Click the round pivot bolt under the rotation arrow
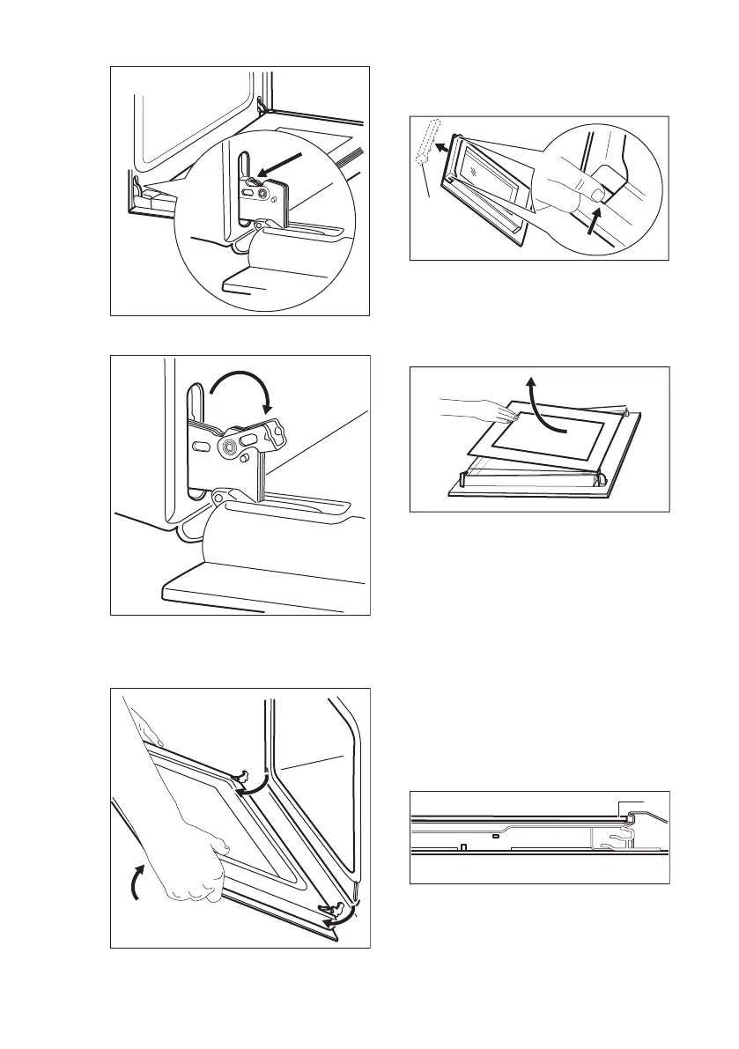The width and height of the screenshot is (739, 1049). point(231,447)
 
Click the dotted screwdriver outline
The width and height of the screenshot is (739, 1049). point(426,143)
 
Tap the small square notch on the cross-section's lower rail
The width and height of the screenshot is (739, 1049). point(462,848)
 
